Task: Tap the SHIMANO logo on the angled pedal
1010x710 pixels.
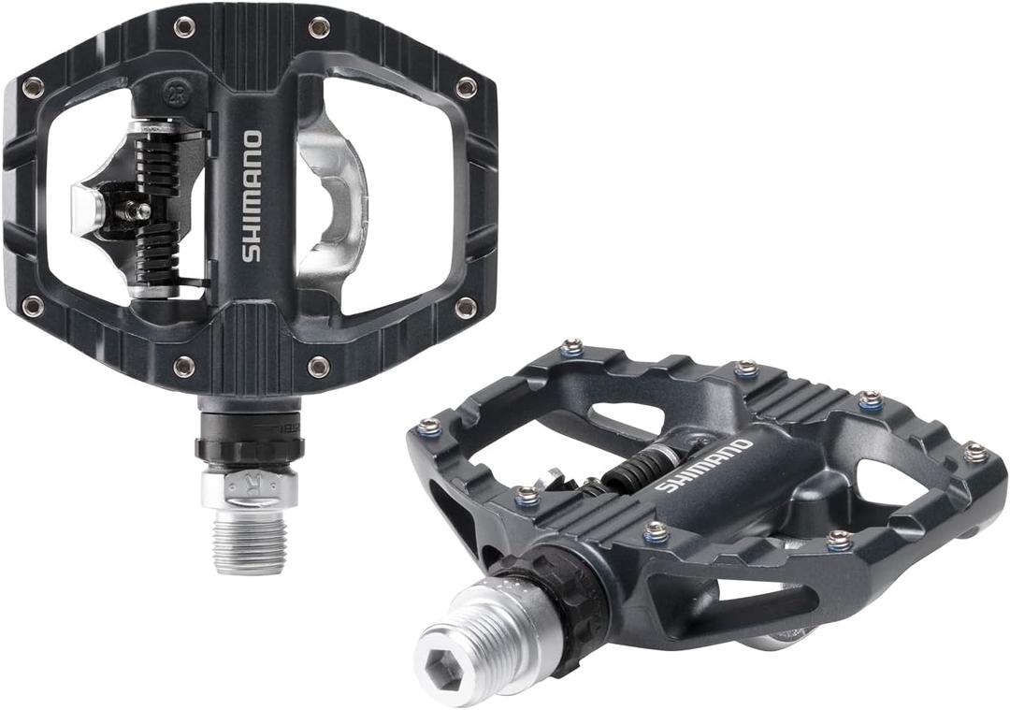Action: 703,466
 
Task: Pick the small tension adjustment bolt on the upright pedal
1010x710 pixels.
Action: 135,211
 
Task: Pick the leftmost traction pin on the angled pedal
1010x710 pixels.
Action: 429,427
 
